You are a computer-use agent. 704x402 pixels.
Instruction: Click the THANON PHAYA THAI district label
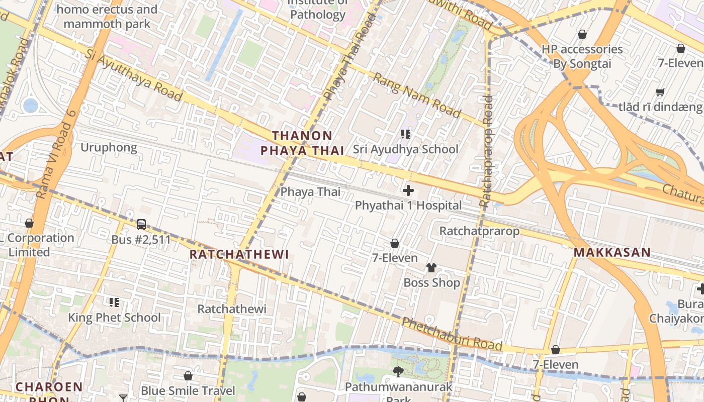(x=302, y=143)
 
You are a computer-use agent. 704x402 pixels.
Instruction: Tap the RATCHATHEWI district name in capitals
(x=239, y=255)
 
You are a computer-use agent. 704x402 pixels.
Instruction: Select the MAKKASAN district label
(x=612, y=253)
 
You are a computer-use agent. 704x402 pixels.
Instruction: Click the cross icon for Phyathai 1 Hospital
(x=408, y=191)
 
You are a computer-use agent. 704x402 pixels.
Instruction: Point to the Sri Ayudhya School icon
(x=406, y=134)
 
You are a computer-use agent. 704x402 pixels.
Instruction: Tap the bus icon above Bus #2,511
(x=141, y=225)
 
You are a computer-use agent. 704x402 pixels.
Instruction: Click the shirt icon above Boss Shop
(x=431, y=268)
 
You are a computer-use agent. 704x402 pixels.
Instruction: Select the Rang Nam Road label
(x=417, y=96)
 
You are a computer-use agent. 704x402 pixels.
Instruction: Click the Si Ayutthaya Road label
(x=133, y=75)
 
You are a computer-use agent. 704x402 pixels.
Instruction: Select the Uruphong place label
(x=109, y=148)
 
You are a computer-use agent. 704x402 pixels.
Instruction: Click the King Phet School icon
(x=114, y=303)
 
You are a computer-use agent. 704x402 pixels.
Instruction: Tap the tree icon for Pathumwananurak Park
(x=398, y=372)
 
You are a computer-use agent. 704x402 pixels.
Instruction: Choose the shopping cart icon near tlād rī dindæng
(x=660, y=92)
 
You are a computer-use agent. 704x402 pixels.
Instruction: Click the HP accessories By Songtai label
(x=582, y=57)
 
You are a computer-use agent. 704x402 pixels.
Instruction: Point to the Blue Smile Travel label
(x=188, y=391)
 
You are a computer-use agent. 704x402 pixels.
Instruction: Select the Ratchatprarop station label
(x=479, y=231)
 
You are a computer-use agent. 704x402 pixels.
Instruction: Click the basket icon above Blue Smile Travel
(x=188, y=376)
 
